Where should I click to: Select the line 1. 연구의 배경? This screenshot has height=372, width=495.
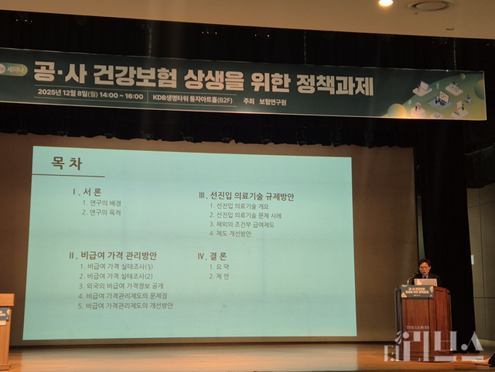tap(102, 203)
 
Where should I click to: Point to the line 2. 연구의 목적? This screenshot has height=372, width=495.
tap(102, 212)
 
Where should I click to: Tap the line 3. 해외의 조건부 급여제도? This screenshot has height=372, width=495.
tap(242, 225)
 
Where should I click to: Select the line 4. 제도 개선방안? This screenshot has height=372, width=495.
tap(232, 234)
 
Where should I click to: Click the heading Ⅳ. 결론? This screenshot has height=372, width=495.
tap(213, 255)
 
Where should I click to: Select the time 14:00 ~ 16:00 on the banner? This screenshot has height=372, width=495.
tap(122, 96)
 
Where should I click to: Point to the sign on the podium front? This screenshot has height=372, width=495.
tap(417, 291)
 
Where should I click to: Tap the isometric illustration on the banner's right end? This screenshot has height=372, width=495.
tap(445, 96)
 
